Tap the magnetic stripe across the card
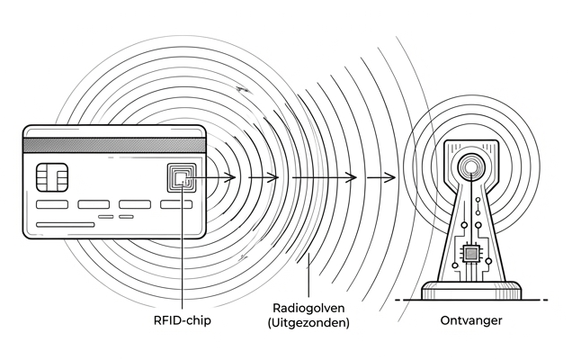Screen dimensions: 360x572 [113, 145]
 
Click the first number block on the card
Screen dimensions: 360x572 [50, 204]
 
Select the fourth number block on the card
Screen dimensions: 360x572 [175, 204]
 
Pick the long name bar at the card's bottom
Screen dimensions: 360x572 [65, 224]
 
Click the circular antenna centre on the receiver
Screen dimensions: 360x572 [469, 166]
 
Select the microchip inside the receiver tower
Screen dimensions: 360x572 [469, 253]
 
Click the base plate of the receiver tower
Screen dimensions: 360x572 [470, 290]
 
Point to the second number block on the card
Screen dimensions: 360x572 [93, 204]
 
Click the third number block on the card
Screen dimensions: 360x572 [134, 204]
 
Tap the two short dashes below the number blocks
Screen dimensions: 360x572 [115, 218]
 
